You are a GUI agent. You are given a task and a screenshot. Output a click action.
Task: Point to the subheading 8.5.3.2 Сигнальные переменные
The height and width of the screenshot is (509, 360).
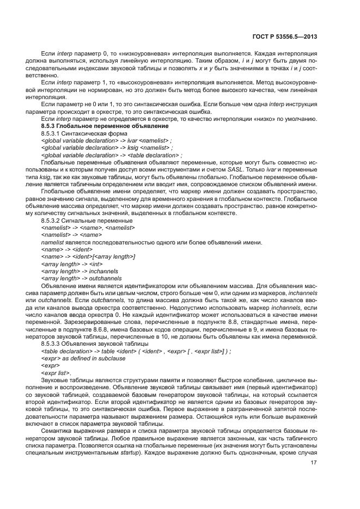click(x=87, y=220)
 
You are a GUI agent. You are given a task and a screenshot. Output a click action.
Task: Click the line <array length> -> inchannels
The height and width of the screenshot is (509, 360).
click(x=80, y=270)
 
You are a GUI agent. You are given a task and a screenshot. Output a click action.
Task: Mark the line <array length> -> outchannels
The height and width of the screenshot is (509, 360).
click(x=81, y=277)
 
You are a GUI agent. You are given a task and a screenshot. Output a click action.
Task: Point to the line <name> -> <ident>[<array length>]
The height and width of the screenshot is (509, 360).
click(x=88, y=256)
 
